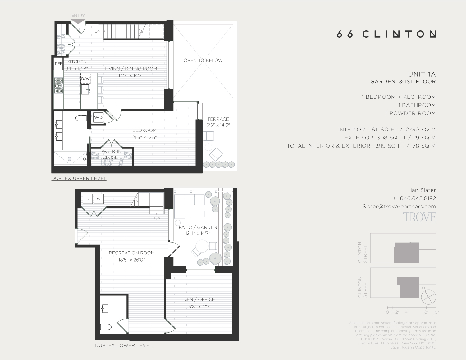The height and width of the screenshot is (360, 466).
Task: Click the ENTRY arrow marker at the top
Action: (x=78, y=21)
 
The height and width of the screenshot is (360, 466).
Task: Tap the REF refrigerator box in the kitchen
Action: (x=58, y=64)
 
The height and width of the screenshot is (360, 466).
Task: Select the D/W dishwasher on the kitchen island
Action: (x=85, y=79)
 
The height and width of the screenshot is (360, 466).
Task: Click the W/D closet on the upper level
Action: (x=98, y=118)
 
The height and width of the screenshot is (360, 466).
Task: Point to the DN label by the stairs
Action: (x=98, y=31)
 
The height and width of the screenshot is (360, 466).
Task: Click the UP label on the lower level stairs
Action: (x=157, y=219)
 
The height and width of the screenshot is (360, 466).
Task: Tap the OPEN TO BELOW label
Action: (x=203, y=60)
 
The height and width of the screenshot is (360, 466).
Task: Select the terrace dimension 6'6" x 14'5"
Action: (x=218, y=125)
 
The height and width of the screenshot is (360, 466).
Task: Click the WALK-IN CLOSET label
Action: (x=112, y=154)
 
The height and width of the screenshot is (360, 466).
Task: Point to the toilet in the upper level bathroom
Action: (x=82, y=118)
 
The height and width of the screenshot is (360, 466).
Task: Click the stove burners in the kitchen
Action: (x=58, y=86)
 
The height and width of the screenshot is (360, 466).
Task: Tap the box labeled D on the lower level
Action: (x=88, y=199)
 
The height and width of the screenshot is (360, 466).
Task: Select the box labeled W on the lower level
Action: (x=98, y=199)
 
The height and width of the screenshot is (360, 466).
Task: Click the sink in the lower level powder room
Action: (x=104, y=308)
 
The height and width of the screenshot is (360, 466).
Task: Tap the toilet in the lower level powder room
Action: (x=106, y=327)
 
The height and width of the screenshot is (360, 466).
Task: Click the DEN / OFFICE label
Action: (x=199, y=299)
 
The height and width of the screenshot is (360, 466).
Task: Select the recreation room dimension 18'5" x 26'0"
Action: (x=131, y=260)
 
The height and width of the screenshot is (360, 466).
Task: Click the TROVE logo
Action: (x=419, y=217)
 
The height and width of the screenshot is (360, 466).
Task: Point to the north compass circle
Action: (x=429, y=297)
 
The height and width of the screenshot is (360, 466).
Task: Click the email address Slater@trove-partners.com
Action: (x=399, y=206)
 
